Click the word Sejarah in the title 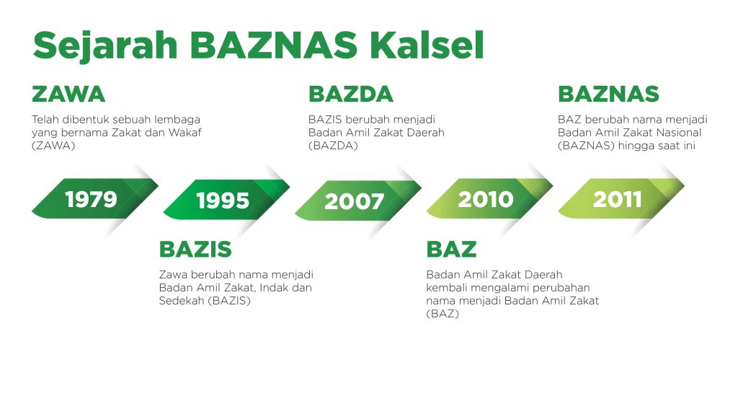[x=105, y=46]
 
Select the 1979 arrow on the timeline [x=95, y=198]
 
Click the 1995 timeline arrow [x=226, y=200]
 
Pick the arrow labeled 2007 [x=358, y=201]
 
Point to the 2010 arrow [x=489, y=198]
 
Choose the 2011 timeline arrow [x=621, y=198]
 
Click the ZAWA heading [x=68, y=94]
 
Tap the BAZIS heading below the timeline [x=195, y=249]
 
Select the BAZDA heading [x=351, y=94]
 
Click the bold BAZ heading [x=451, y=249]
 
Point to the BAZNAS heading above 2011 [x=608, y=94]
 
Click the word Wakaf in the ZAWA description [x=185, y=132]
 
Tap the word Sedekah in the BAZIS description [x=181, y=300]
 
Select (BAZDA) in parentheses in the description [x=333, y=146]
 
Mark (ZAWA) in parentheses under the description [x=53, y=146]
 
